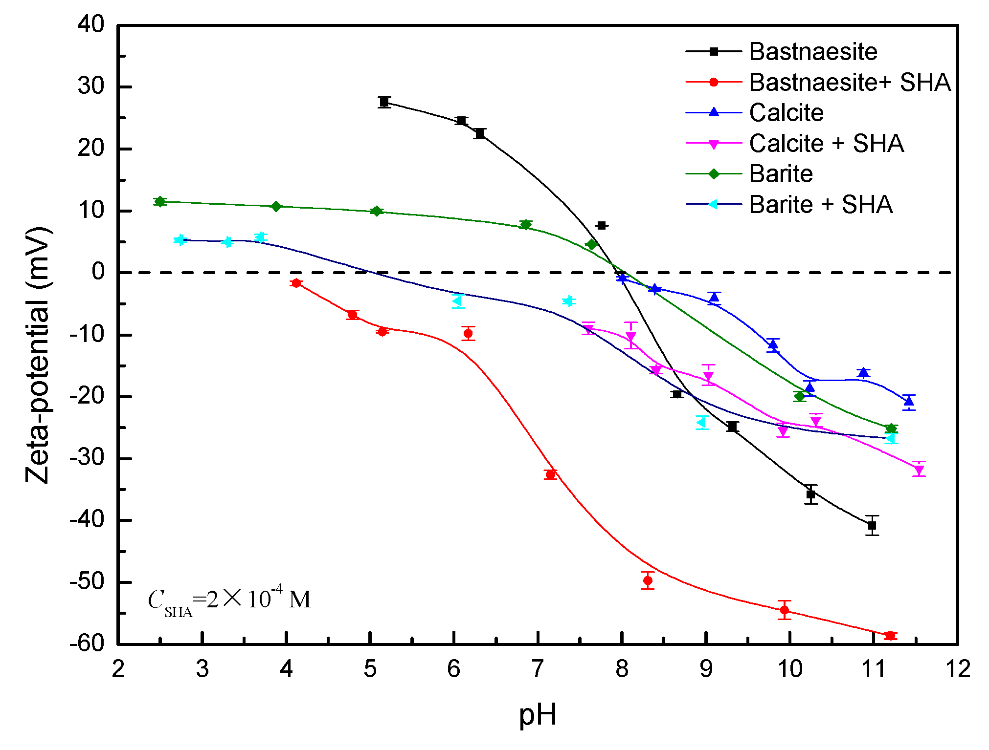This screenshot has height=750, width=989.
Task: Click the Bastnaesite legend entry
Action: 813,52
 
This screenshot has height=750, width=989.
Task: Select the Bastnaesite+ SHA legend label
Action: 850,82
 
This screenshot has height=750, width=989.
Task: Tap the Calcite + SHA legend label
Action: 826,144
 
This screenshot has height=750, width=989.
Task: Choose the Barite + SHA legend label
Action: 821,205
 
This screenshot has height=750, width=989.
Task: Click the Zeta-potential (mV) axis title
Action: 38,355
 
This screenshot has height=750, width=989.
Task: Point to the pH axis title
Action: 537,715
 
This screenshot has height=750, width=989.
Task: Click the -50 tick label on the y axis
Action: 87,582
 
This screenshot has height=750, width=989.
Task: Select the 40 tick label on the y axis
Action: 91,24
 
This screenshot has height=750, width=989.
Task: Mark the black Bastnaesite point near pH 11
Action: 872,526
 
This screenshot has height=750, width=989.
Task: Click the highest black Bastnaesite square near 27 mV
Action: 384,102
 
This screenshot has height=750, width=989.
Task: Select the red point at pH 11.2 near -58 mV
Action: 890,636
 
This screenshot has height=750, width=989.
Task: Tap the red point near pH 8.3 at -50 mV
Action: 648,580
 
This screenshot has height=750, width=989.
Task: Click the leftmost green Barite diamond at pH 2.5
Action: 159,201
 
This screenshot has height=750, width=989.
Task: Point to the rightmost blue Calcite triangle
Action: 909,402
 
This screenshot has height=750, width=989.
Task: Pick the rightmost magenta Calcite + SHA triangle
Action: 919,470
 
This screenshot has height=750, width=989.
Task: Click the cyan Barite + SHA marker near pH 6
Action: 457,300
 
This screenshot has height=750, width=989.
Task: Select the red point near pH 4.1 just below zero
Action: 296,283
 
